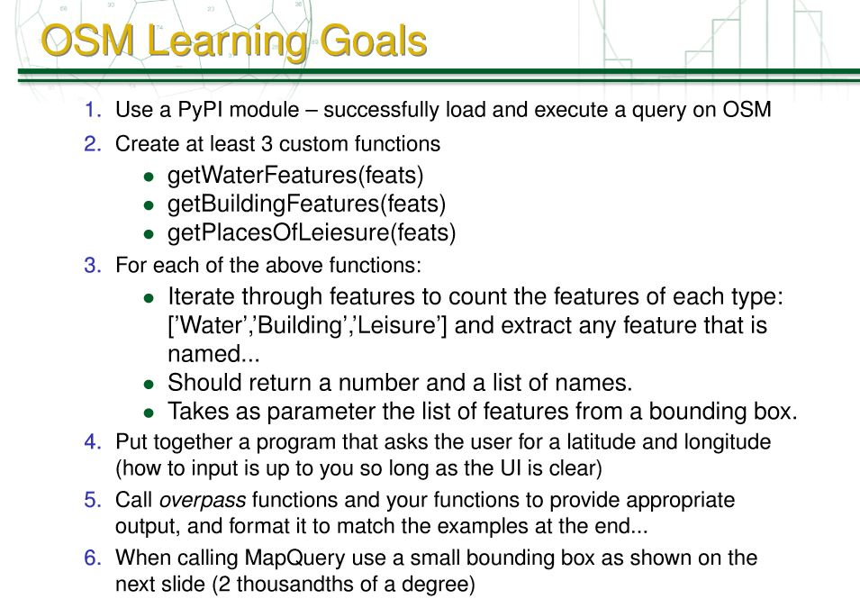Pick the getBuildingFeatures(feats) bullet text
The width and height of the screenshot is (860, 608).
(x=306, y=204)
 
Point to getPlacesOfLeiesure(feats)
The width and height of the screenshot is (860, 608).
(x=312, y=233)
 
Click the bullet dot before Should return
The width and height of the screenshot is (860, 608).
(x=149, y=385)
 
